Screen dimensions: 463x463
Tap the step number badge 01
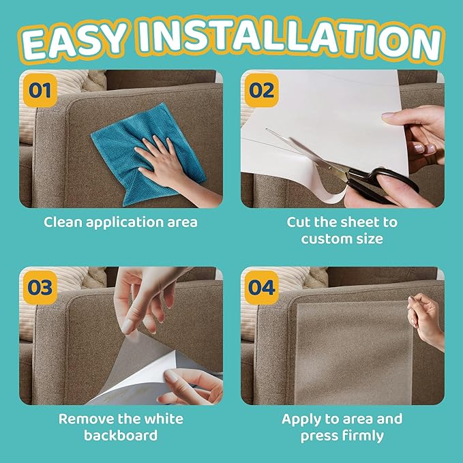coord(40,90)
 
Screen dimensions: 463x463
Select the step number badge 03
coord(40,287)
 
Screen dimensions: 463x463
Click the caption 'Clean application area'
coord(121,222)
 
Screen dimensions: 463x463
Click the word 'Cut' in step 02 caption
coord(300,222)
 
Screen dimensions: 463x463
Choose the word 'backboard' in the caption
coord(121,436)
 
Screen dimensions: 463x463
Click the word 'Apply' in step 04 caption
coord(303,419)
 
